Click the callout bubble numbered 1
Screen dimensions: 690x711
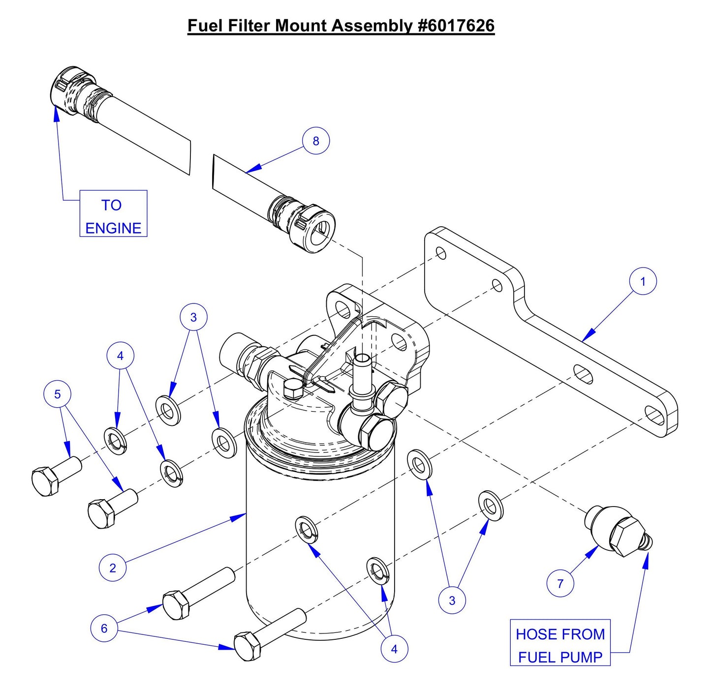point(643,281)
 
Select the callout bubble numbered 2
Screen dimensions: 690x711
point(113,568)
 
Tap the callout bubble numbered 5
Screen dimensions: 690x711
point(58,394)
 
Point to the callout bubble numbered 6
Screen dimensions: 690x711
point(104,628)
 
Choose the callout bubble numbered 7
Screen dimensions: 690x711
point(560,583)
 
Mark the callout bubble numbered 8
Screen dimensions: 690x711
point(315,141)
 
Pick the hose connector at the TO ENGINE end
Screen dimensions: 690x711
point(73,90)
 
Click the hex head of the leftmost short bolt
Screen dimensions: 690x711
point(46,481)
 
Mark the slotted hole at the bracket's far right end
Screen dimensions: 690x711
point(654,416)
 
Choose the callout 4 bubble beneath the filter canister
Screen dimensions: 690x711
point(394,649)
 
